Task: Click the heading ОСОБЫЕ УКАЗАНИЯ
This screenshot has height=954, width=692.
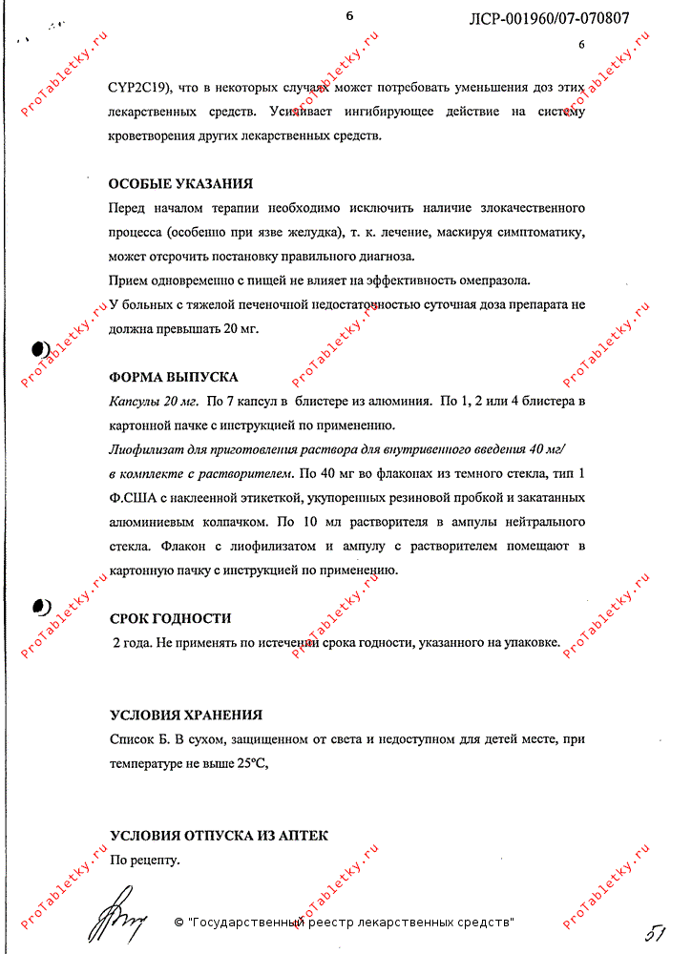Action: pyautogui.click(x=180, y=184)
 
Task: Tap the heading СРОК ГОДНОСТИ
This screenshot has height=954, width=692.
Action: pyautogui.click(x=171, y=618)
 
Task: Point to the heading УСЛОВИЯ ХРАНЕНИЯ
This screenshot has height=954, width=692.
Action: pyautogui.click(x=186, y=715)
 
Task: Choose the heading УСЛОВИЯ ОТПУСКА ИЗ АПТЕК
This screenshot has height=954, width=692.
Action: pyautogui.click(x=219, y=836)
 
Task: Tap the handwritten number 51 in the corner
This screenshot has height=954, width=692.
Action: pyautogui.click(x=655, y=932)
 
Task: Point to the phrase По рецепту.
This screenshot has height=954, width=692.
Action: pyautogui.click(x=145, y=861)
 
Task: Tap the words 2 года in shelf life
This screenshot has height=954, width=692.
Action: pyautogui.click(x=132, y=643)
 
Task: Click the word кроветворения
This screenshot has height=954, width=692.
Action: pyautogui.click(x=158, y=135)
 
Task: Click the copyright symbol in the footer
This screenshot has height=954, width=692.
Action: pyautogui.click(x=178, y=923)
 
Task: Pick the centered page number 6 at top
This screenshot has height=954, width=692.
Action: pyautogui.click(x=349, y=15)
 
